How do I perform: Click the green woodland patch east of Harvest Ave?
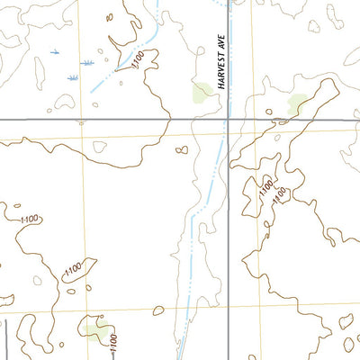click(x=297, y=104)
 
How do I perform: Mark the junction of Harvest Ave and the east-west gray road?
click(x=228, y=119)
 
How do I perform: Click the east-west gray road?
click(x=108, y=119)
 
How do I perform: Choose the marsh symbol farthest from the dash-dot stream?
click(x=51, y=50)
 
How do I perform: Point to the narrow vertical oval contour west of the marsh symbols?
click(x=39, y=69)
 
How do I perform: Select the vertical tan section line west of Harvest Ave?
click(x=84, y=225)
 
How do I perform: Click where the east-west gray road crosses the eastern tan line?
click(x=253, y=119)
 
